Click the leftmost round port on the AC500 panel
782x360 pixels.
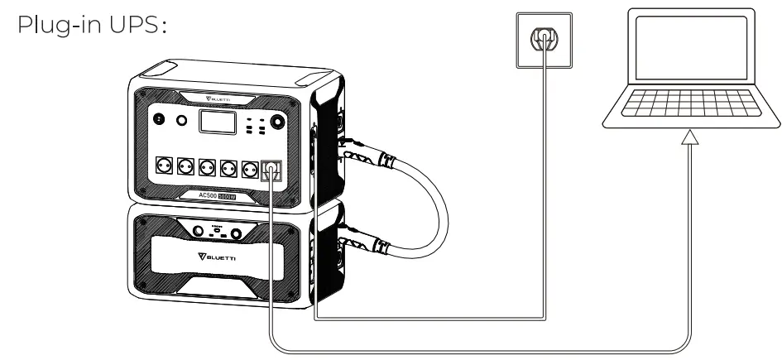pos(159,121)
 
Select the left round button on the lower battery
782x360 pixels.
pos(199,231)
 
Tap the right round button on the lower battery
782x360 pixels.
pos(237,231)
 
